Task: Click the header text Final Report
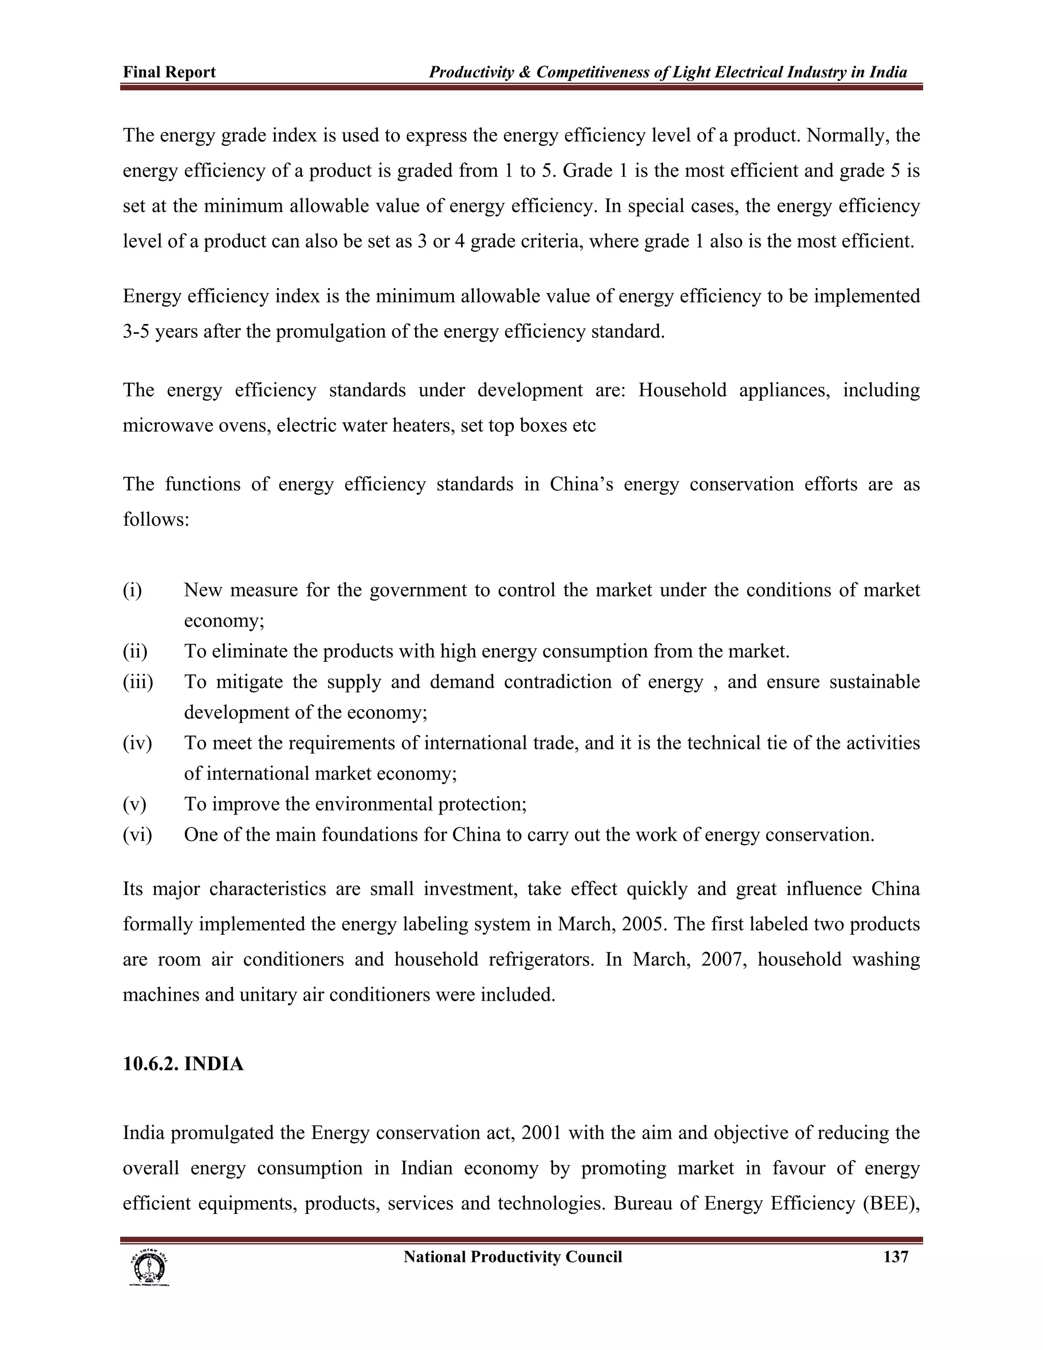pos(169,72)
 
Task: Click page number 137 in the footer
pos(895,1257)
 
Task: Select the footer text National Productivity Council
pos(512,1257)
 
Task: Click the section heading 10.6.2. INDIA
pos(183,1064)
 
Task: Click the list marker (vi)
pos(137,834)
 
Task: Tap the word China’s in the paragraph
pos(581,484)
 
